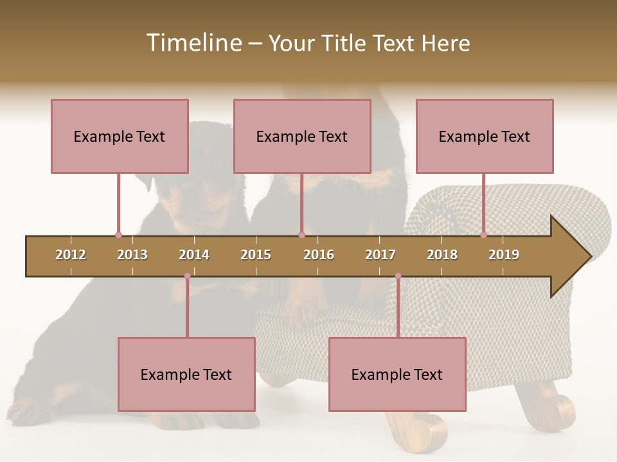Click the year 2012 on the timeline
point(71,255)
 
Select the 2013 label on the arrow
point(132,255)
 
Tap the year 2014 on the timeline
point(194,255)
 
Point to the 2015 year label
point(256,255)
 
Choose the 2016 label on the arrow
point(319,255)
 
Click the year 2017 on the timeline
point(380,255)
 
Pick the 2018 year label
point(442,255)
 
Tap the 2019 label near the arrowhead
point(504,255)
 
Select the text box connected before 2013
point(120,136)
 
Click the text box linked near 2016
point(302,136)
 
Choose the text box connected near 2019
point(485,136)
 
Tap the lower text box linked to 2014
point(186,374)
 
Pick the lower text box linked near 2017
point(397,374)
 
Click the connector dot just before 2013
point(118,235)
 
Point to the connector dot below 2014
point(187,276)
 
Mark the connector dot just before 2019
point(483,235)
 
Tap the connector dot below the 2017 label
point(398,276)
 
